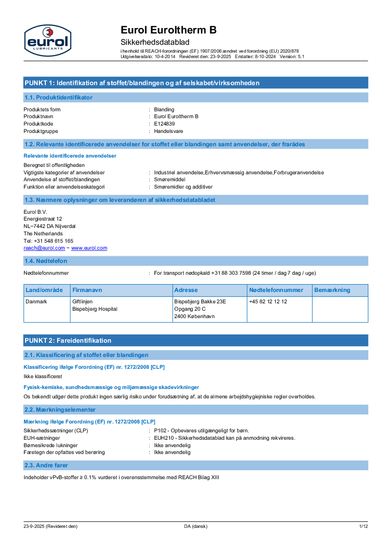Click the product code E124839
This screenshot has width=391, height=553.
pyautogui.click(x=164, y=124)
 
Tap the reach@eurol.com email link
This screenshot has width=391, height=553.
pyautogui.click(x=41, y=248)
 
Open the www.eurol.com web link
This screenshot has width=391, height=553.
pyautogui.click(x=89, y=248)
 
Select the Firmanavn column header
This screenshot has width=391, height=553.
pyautogui.click(x=87, y=291)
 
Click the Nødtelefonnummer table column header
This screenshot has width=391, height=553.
pyautogui.click(x=276, y=291)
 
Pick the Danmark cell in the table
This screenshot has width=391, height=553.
pyautogui.click(x=36, y=301)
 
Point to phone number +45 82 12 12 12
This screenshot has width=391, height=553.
pyautogui.click(x=268, y=301)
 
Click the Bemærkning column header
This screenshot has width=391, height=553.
pyautogui.click(x=332, y=291)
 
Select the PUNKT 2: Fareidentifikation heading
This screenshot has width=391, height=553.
pyautogui.click(x=67, y=340)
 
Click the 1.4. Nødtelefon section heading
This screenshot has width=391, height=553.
pyautogui.click(x=46, y=261)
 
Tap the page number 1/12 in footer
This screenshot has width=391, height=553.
pyautogui.click(x=363, y=526)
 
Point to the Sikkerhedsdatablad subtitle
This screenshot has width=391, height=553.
pyautogui.click(x=155, y=42)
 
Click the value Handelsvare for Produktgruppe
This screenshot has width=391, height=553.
pyautogui.click(x=168, y=131)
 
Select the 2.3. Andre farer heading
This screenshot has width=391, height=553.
pyautogui.click(x=46, y=465)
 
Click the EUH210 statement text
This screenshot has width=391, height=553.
pyautogui.click(x=225, y=438)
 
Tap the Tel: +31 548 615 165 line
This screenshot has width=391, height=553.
pyautogui.click(x=49, y=241)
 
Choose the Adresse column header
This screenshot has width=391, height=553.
pyautogui.click(x=186, y=291)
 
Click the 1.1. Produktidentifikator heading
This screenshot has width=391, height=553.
pyautogui.click(x=58, y=98)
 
